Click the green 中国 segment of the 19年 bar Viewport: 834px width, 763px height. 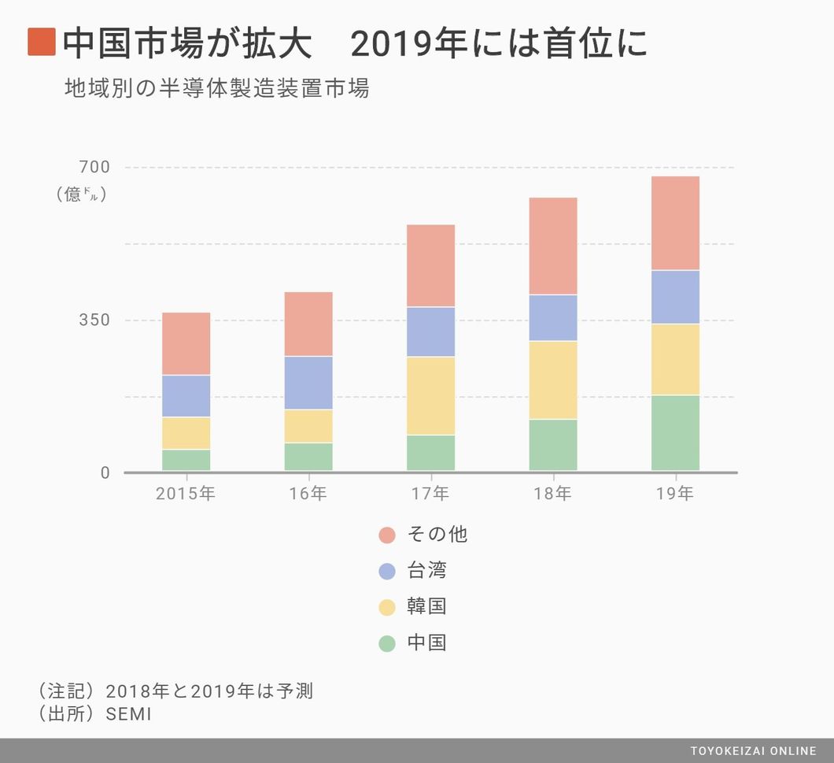click(675, 432)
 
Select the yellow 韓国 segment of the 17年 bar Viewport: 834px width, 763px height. click(430, 395)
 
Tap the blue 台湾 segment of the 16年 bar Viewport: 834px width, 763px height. click(308, 383)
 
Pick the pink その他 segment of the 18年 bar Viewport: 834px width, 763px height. click(553, 246)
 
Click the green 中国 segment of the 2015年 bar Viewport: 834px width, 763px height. click(186, 460)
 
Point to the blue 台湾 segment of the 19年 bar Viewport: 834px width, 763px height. click(675, 297)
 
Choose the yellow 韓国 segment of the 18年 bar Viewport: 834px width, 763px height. click(553, 380)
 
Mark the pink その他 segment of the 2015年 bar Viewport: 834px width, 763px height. click(186, 343)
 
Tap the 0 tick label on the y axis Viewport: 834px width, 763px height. click(105, 472)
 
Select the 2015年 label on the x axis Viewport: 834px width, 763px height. click(186, 494)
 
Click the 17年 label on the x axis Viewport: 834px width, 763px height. click(430, 494)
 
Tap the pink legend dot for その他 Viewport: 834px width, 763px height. click(387, 535)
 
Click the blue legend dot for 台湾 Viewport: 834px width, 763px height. click(387, 572)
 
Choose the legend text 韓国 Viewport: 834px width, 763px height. click(426, 607)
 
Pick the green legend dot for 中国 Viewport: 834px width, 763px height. click(387, 643)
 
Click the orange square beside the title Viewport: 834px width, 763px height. click(41, 43)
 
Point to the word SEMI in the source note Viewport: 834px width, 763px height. click(128, 714)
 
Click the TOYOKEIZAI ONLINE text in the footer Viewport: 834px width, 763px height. click(753, 750)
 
